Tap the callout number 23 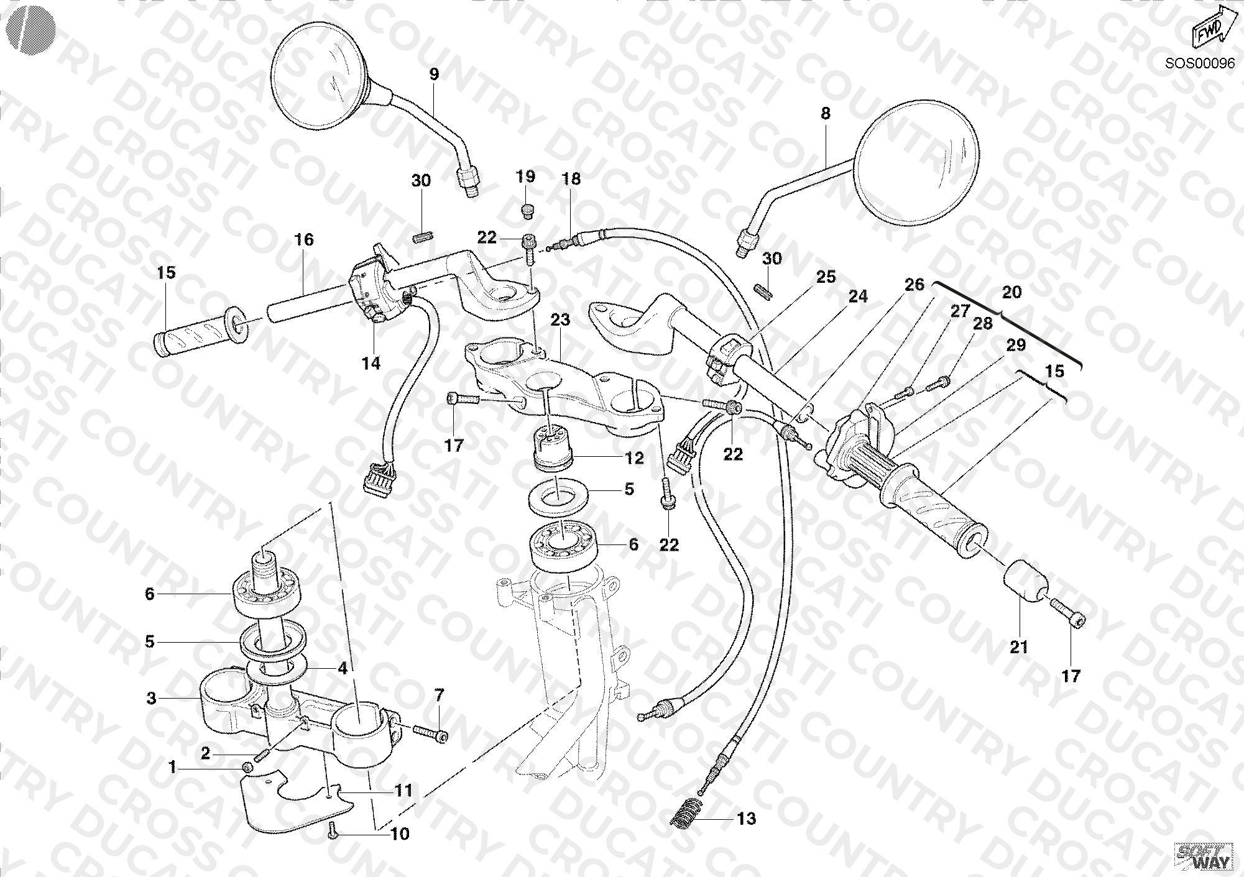pos(560,320)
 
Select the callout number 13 pos(747,819)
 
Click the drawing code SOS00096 pos(1200,63)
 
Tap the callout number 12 pos(634,459)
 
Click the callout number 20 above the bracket pos(1012,292)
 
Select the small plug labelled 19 pos(527,211)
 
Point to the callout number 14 pos(371,363)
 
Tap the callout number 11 pos(403,791)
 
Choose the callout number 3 pos(151,698)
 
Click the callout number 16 pos(304,239)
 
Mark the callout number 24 pos(858,297)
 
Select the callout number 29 pos(1016,346)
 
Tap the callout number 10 pos(400,834)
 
